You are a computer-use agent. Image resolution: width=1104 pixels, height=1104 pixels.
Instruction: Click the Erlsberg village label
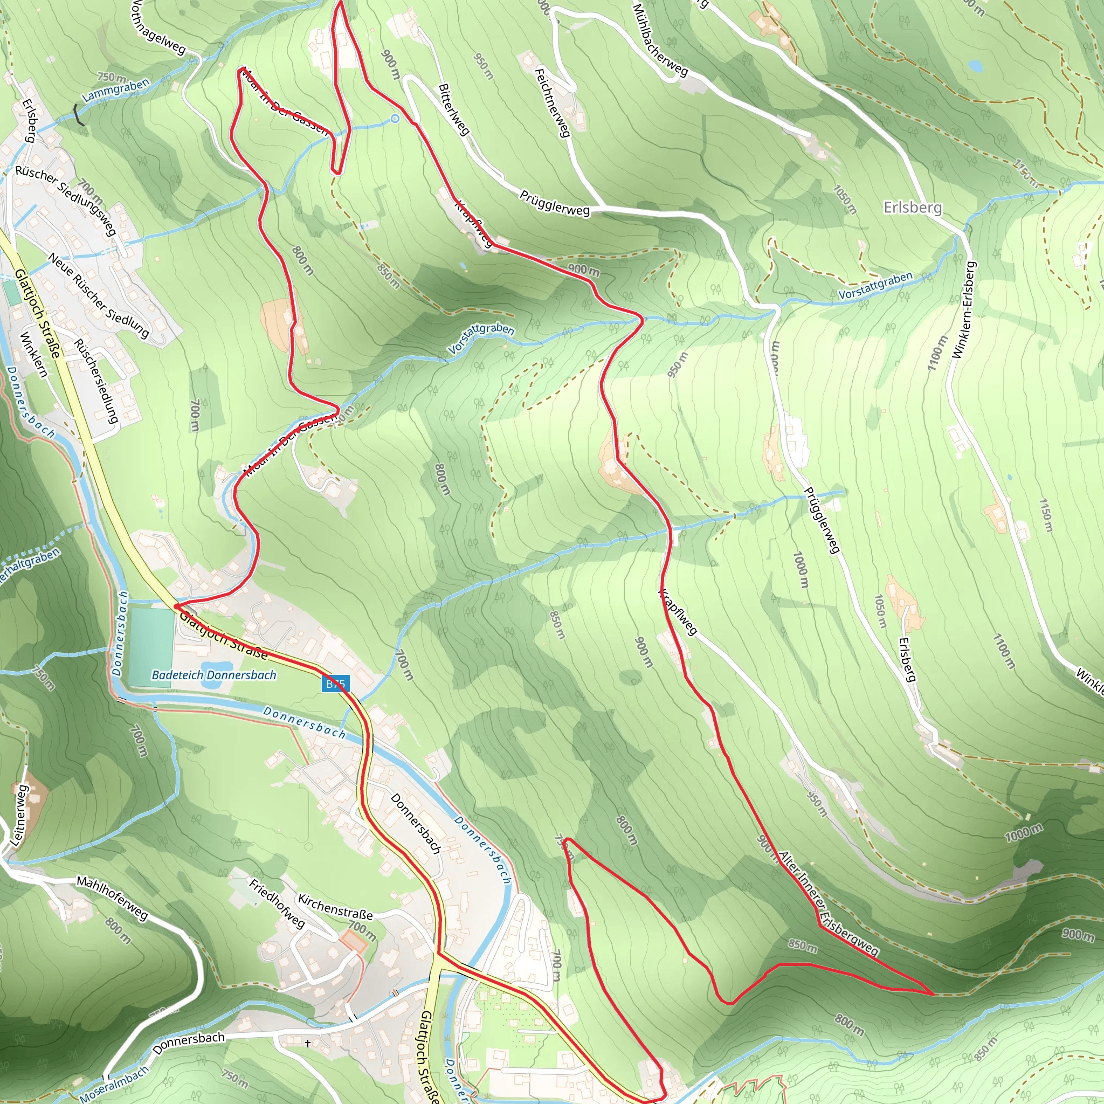913,208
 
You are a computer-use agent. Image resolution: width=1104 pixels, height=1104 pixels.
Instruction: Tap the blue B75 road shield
335,684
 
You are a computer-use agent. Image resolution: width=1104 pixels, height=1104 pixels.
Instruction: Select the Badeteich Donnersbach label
213,675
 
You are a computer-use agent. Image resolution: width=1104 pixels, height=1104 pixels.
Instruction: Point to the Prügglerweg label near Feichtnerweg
554,203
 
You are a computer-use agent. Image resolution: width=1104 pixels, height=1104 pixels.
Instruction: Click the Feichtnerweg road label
552,103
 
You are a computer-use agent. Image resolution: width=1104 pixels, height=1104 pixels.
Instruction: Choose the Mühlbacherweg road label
660,40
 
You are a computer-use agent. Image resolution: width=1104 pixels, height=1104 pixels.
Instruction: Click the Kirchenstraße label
335,907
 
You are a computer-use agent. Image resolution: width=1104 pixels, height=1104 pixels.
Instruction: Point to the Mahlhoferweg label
113,898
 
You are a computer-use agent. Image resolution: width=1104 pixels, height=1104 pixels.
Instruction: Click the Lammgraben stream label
116,90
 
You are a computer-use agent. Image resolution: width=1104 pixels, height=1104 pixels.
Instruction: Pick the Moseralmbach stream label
114,1084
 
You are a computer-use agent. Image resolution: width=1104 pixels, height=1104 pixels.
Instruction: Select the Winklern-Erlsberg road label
964,310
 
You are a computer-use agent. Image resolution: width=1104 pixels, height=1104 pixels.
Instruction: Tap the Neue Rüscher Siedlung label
98,295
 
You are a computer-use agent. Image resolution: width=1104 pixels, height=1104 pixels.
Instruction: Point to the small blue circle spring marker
395,119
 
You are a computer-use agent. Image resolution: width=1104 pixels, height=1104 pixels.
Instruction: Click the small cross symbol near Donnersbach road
308,1044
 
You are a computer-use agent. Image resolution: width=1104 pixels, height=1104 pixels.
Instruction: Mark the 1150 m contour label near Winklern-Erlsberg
1045,515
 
